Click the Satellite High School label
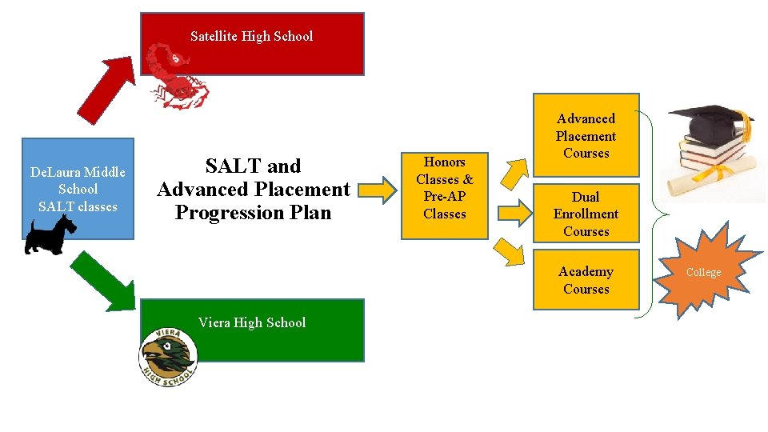pos(252,37)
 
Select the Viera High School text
pos(252,323)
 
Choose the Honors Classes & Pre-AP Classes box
pos(444,188)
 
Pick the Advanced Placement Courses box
pos(586,136)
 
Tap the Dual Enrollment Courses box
pos(586,214)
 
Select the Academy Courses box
pos(586,281)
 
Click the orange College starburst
pos(704,273)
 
